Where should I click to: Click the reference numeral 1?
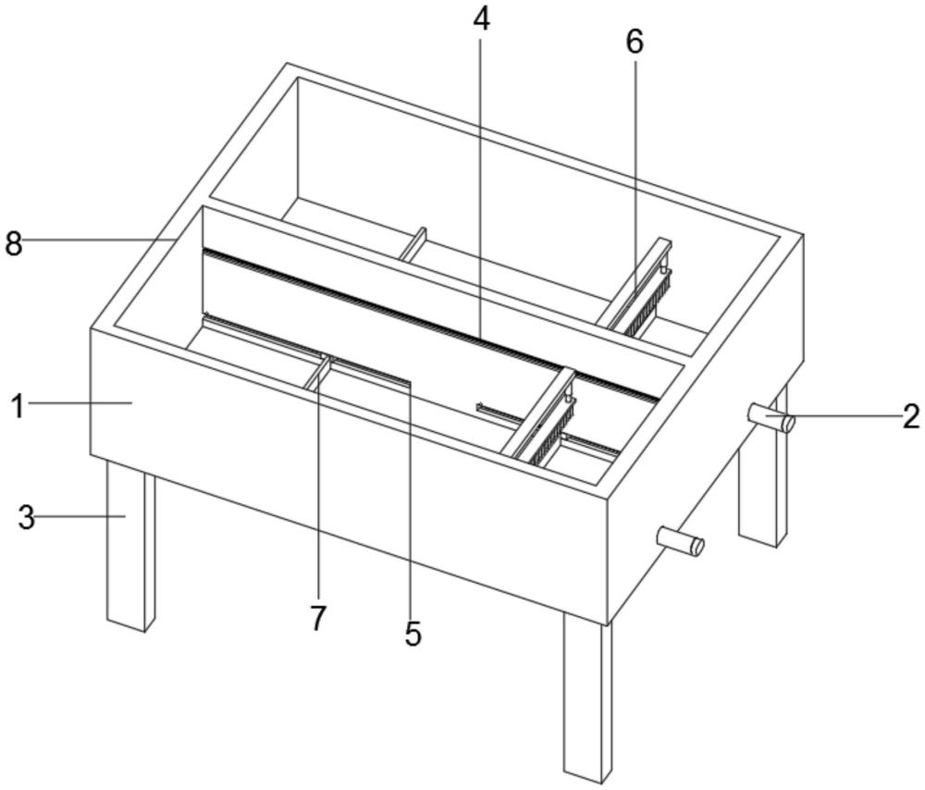[x=18, y=406]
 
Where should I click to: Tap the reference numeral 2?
[x=911, y=416]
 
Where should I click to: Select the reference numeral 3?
[x=26, y=518]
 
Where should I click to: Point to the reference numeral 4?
[x=481, y=20]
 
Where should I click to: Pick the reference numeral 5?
[x=413, y=635]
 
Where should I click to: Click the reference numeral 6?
[x=635, y=42]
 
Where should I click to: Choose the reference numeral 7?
[x=318, y=618]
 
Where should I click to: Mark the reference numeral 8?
[x=14, y=243]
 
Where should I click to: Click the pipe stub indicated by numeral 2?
[x=771, y=418]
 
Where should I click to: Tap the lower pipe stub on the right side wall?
[x=681, y=541]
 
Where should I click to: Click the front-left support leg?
[x=130, y=546]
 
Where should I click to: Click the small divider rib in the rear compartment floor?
[x=413, y=243]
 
